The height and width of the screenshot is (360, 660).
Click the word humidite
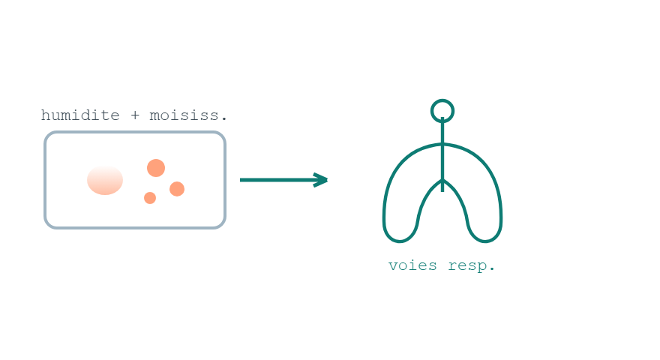tap(80, 115)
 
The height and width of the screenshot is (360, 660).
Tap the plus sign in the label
tap(135, 115)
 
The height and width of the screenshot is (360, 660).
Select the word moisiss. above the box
tap(188, 115)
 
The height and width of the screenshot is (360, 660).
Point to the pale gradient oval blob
tap(105, 180)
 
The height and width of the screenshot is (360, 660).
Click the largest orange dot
tap(156, 168)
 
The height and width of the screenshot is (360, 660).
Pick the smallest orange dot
tap(150, 198)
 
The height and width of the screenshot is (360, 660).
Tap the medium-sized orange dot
tap(177, 189)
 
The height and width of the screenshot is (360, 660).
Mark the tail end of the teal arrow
tap(241, 180)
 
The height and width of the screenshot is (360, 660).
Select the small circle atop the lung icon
tap(442, 100)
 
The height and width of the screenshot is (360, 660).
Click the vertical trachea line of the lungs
tap(442, 155)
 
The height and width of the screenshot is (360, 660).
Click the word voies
tap(412, 265)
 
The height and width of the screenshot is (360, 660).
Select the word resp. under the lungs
tap(472, 266)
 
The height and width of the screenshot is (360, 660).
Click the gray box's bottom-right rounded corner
tap(222, 224)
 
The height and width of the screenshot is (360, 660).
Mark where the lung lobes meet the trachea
tap(442, 180)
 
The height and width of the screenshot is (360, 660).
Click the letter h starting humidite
tap(45, 115)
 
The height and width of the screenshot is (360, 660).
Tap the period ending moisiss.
tap(224, 119)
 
